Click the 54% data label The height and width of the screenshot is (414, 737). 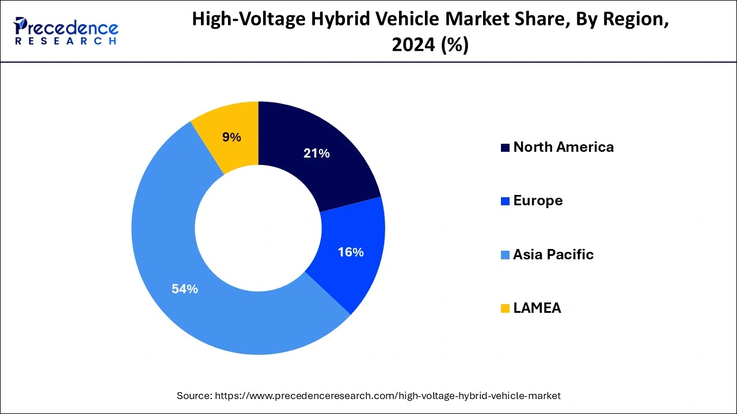click(184, 289)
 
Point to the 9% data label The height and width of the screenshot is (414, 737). click(231, 137)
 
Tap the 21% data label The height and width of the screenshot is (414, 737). click(317, 154)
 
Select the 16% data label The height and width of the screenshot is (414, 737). click(350, 252)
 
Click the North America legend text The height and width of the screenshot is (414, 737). click(563, 147)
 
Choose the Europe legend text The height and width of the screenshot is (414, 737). click(538, 201)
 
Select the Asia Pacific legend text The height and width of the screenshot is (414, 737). click(553, 255)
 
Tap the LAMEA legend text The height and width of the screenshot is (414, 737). click(537, 308)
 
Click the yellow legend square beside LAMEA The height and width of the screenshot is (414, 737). click(505, 309)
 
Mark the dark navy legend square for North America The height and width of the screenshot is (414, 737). click(505, 148)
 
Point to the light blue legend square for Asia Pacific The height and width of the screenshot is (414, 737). click(505, 255)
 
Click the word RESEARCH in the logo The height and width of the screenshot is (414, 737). click(67, 41)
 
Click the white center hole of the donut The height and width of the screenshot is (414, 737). click(258, 228)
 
